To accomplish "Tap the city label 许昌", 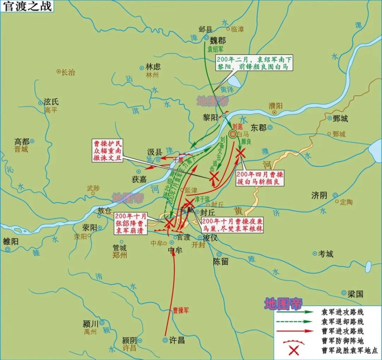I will pyautogui.click(x=177, y=340).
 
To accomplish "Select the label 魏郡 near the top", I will pyautogui.click(x=218, y=41).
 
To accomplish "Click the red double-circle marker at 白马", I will pyautogui.click(x=233, y=134).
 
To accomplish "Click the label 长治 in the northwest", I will pyautogui.click(x=68, y=72).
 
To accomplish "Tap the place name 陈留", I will pyautogui.click(x=220, y=262).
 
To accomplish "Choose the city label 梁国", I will pyautogui.click(x=356, y=294).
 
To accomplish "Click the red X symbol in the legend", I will pyautogui.click(x=294, y=350).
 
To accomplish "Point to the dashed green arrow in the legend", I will pyautogui.click(x=294, y=321).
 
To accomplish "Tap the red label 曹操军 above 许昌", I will pyautogui.click(x=181, y=310).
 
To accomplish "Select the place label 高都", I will pyautogui.click(x=22, y=141).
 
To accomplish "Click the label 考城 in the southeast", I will pyautogui.click(x=325, y=254).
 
